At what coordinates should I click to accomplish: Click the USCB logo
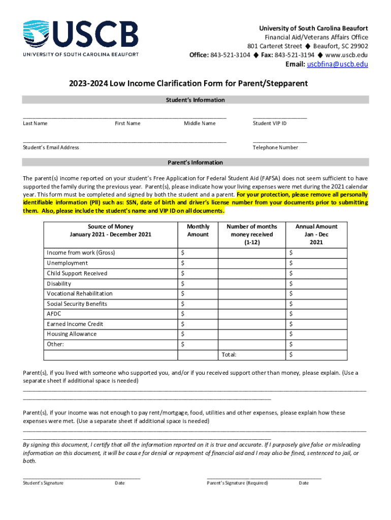tap(80, 37)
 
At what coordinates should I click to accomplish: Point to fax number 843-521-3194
tap(294, 55)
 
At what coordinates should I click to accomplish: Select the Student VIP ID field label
tap(270, 123)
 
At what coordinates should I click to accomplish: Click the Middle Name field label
tap(200, 123)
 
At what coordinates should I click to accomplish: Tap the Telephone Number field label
tap(275, 148)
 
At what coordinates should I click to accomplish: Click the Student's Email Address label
tap(51, 148)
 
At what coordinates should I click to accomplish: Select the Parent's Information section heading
tap(195, 162)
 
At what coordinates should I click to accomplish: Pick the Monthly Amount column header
tap(198, 231)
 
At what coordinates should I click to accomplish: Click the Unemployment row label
tap(67, 263)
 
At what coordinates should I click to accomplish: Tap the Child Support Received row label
tap(77, 273)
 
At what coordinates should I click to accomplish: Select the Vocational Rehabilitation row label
tap(80, 294)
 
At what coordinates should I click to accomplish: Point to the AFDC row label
tap(54, 314)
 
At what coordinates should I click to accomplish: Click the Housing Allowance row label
tap(72, 334)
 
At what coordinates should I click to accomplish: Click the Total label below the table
tap(229, 354)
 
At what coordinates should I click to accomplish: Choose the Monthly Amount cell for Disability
tap(197, 283)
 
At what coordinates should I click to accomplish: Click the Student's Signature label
tap(43, 483)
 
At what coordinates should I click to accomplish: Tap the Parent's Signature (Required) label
tap(237, 483)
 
